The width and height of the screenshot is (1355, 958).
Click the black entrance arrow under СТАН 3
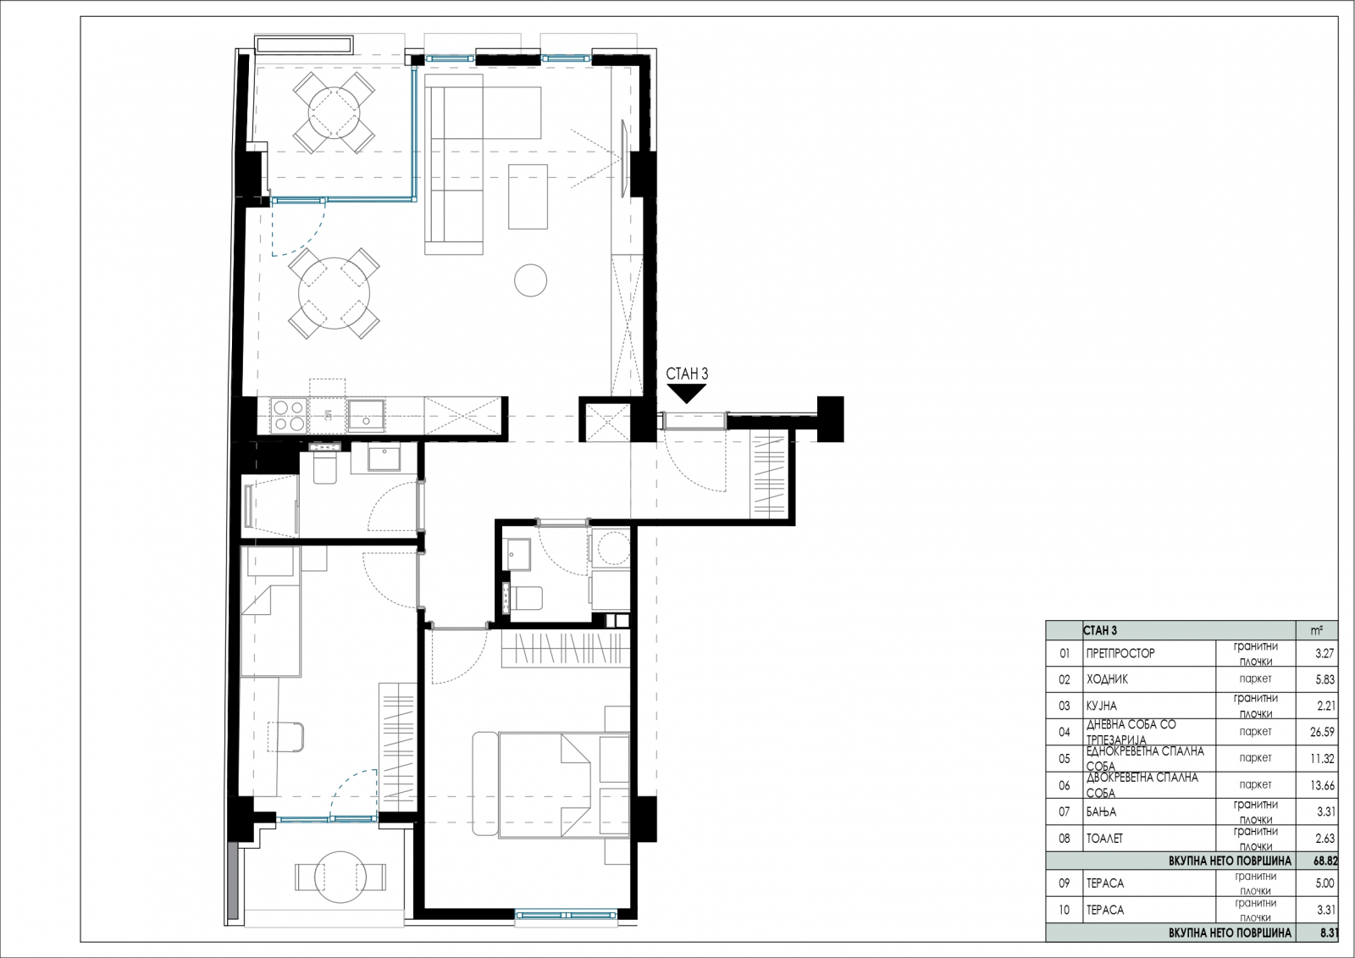(x=687, y=394)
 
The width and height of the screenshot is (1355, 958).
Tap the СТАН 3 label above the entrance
(x=687, y=374)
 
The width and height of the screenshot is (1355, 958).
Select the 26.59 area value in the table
(x=1321, y=732)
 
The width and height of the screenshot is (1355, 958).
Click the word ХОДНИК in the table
(x=1107, y=679)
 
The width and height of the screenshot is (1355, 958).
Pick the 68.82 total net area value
(x=1325, y=861)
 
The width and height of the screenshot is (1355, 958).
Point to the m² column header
(x=1316, y=630)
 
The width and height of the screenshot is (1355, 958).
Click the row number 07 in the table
(x=1064, y=811)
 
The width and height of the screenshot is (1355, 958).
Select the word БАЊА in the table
(x=1102, y=811)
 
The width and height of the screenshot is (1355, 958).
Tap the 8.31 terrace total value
(x=1329, y=933)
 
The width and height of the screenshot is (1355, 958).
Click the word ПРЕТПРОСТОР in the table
(x=1120, y=653)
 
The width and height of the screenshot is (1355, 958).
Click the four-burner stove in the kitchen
(x=289, y=416)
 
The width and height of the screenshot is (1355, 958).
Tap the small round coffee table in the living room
(x=530, y=280)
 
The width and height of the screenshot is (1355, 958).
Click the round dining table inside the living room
(x=334, y=294)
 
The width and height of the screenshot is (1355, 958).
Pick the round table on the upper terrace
(x=334, y=113)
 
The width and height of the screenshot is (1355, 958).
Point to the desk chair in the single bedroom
(x=287, y=737)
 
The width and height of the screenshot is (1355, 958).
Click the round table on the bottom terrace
(x=340, y=877)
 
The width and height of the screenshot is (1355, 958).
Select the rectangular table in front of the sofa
(x=528, y=196)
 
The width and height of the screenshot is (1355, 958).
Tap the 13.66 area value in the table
(x=1321, y=785)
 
